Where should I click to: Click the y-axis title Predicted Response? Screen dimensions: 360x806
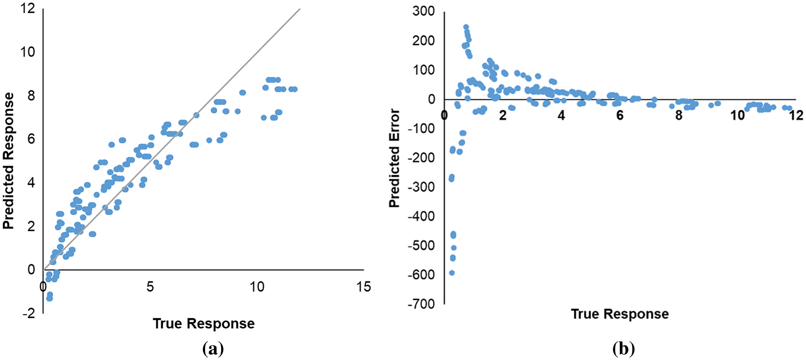(x=9, y=160)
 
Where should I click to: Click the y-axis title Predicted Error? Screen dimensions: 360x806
(x=394, y=158)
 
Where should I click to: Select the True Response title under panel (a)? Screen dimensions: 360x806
(x=204, y=324)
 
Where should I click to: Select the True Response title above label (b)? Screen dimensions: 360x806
(x=620, y=314)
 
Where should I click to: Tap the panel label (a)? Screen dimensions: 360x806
(x=213, y=349)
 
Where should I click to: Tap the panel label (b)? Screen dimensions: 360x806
(x=623, y=349)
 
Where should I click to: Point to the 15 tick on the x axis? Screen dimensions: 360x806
(x=363, y=287)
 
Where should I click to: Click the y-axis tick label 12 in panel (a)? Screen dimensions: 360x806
(x=28, y=8)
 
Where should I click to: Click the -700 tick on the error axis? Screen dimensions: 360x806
(x=421, y=304)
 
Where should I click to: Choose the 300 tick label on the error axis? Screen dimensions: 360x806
(x=423, y=11)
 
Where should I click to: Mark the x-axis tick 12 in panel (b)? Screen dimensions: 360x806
(x=796, y=115)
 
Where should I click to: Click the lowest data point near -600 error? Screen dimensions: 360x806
(x=452, y=273)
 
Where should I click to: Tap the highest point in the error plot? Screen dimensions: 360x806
(x=466, y=27)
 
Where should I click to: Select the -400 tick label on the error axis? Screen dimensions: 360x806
(x=421, y=216)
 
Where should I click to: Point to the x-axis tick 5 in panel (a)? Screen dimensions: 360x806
(x=150, y=287)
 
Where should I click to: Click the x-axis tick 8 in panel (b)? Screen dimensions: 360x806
(x=679, y=115)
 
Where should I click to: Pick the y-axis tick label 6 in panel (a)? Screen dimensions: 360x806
(x=31, y=139)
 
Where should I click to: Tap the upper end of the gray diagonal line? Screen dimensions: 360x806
(x=300, y=8)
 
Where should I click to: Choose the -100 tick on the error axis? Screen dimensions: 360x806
(x=421, y=128)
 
